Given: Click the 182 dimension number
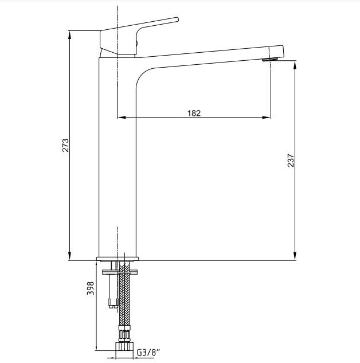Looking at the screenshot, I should click(194, 112).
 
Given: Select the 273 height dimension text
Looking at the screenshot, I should click(65, 145).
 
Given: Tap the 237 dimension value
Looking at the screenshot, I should click(290, 160).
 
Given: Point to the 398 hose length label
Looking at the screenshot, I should click(90, 288).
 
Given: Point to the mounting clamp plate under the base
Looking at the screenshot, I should click(118, 270).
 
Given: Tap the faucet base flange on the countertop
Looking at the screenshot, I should click(118, 258).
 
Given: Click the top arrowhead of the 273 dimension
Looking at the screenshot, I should click(70, 33).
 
